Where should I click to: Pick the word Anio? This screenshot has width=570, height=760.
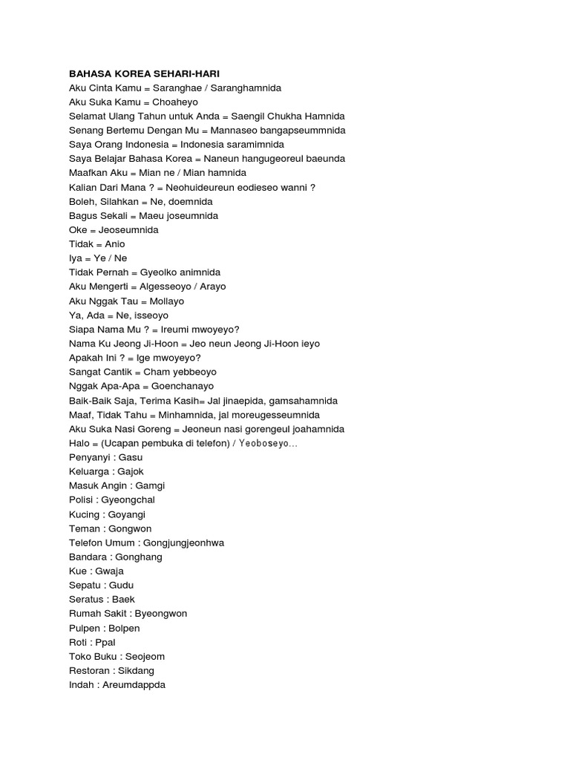point(115,244)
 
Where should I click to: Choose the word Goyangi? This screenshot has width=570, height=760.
point(125,514)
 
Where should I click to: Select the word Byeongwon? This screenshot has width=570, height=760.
point(159,614)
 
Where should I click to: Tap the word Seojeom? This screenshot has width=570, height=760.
point(145,656)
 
